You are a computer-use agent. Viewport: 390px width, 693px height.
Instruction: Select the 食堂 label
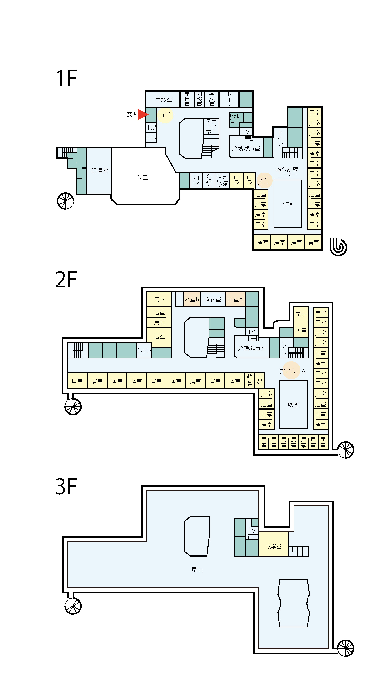[x=142, y=177]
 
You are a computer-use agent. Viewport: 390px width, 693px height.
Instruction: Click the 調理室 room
[x=99, y=171]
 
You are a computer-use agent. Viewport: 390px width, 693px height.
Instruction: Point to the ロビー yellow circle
[x=165, y=115]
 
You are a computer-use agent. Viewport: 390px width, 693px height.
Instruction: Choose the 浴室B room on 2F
[x=192, y=299]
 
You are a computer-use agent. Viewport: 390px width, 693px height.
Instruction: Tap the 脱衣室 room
[x=213, y=299]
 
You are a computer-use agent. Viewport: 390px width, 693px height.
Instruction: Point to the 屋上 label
[x=197, y=570]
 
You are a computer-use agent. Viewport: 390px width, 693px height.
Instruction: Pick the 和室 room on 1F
[x=196, y=181]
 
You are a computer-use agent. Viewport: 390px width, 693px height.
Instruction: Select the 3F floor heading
[x=66, y=486]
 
